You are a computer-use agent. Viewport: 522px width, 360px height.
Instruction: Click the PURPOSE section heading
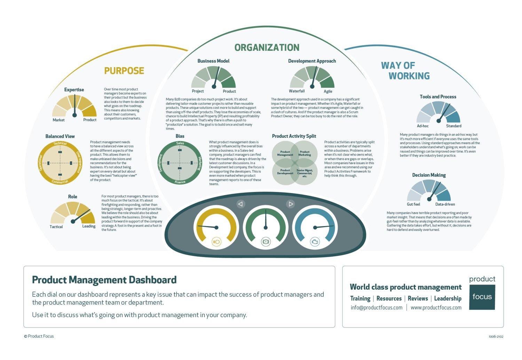pos(124,71)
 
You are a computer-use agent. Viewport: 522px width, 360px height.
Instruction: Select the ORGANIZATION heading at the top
pos(267,48)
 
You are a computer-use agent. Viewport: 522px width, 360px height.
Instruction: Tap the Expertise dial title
pos(74,90)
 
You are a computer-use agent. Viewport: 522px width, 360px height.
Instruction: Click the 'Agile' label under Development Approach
pos(328,91)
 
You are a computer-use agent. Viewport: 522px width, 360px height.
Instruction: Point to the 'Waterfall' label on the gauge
pos(296,91)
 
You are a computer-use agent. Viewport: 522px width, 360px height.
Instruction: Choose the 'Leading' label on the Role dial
pos(89,226)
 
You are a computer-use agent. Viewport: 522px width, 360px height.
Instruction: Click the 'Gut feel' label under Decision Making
pos(413,205)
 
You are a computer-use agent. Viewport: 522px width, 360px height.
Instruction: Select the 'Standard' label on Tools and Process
pos(453,126)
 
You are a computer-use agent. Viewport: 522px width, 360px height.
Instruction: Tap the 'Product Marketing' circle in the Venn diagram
pos(304,153)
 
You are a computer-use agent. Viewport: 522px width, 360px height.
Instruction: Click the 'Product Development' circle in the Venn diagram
pos(285,172)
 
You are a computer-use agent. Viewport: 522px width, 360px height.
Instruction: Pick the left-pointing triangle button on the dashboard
pos(240,204)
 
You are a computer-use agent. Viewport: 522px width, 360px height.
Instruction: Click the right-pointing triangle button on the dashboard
pos(291,204)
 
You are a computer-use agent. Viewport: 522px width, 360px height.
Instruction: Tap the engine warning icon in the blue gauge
pos(315,241)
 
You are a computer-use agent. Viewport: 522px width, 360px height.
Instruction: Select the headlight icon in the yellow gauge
pos(216,241)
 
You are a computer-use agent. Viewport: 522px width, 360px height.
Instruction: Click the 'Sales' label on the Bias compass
pos(180,143)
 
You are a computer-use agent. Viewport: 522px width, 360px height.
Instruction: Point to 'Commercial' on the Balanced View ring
pos(60,182)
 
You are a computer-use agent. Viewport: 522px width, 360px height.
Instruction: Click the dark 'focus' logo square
pos(482,297)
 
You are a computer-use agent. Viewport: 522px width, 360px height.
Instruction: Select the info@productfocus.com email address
pos(376,308)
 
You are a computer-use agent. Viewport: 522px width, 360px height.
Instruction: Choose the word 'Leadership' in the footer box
pos(448,298)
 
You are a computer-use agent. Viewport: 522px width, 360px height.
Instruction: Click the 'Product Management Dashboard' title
pos(104,280)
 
